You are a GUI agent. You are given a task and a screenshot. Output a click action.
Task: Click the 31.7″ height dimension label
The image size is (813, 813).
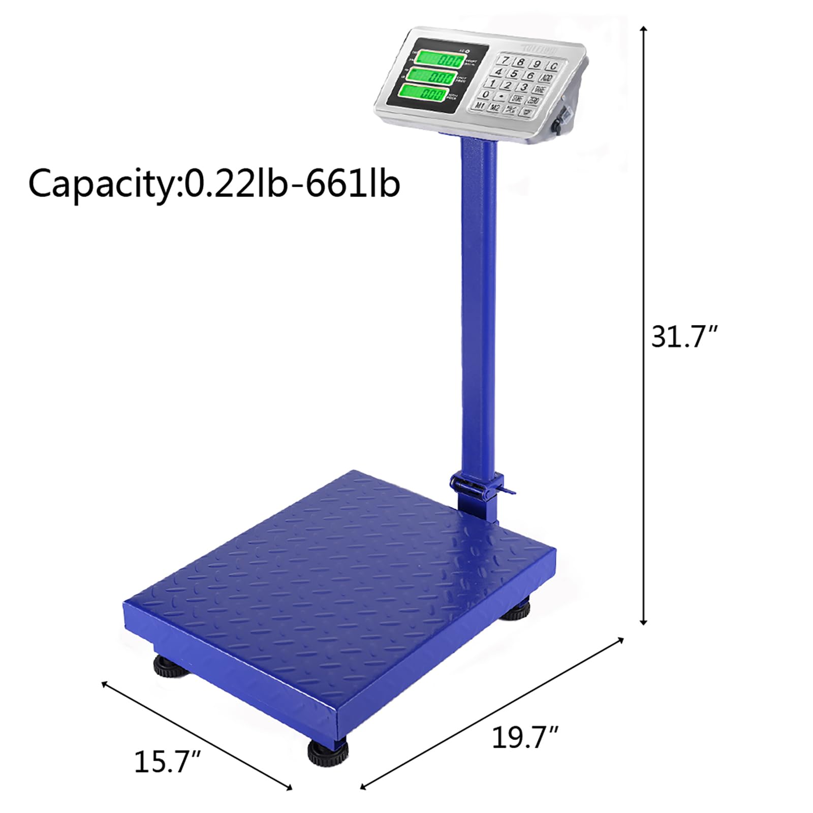click(x=684, y=337)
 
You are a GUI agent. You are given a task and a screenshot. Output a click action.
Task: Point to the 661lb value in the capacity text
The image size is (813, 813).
click(x=352, y=184)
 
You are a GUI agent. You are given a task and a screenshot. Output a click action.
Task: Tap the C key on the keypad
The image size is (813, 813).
click(x=553, y=66)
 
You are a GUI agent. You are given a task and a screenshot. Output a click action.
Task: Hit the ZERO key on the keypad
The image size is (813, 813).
click(x=533, y=101)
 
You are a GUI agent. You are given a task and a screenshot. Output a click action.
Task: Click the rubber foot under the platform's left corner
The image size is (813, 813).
click(x=170, y=666)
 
